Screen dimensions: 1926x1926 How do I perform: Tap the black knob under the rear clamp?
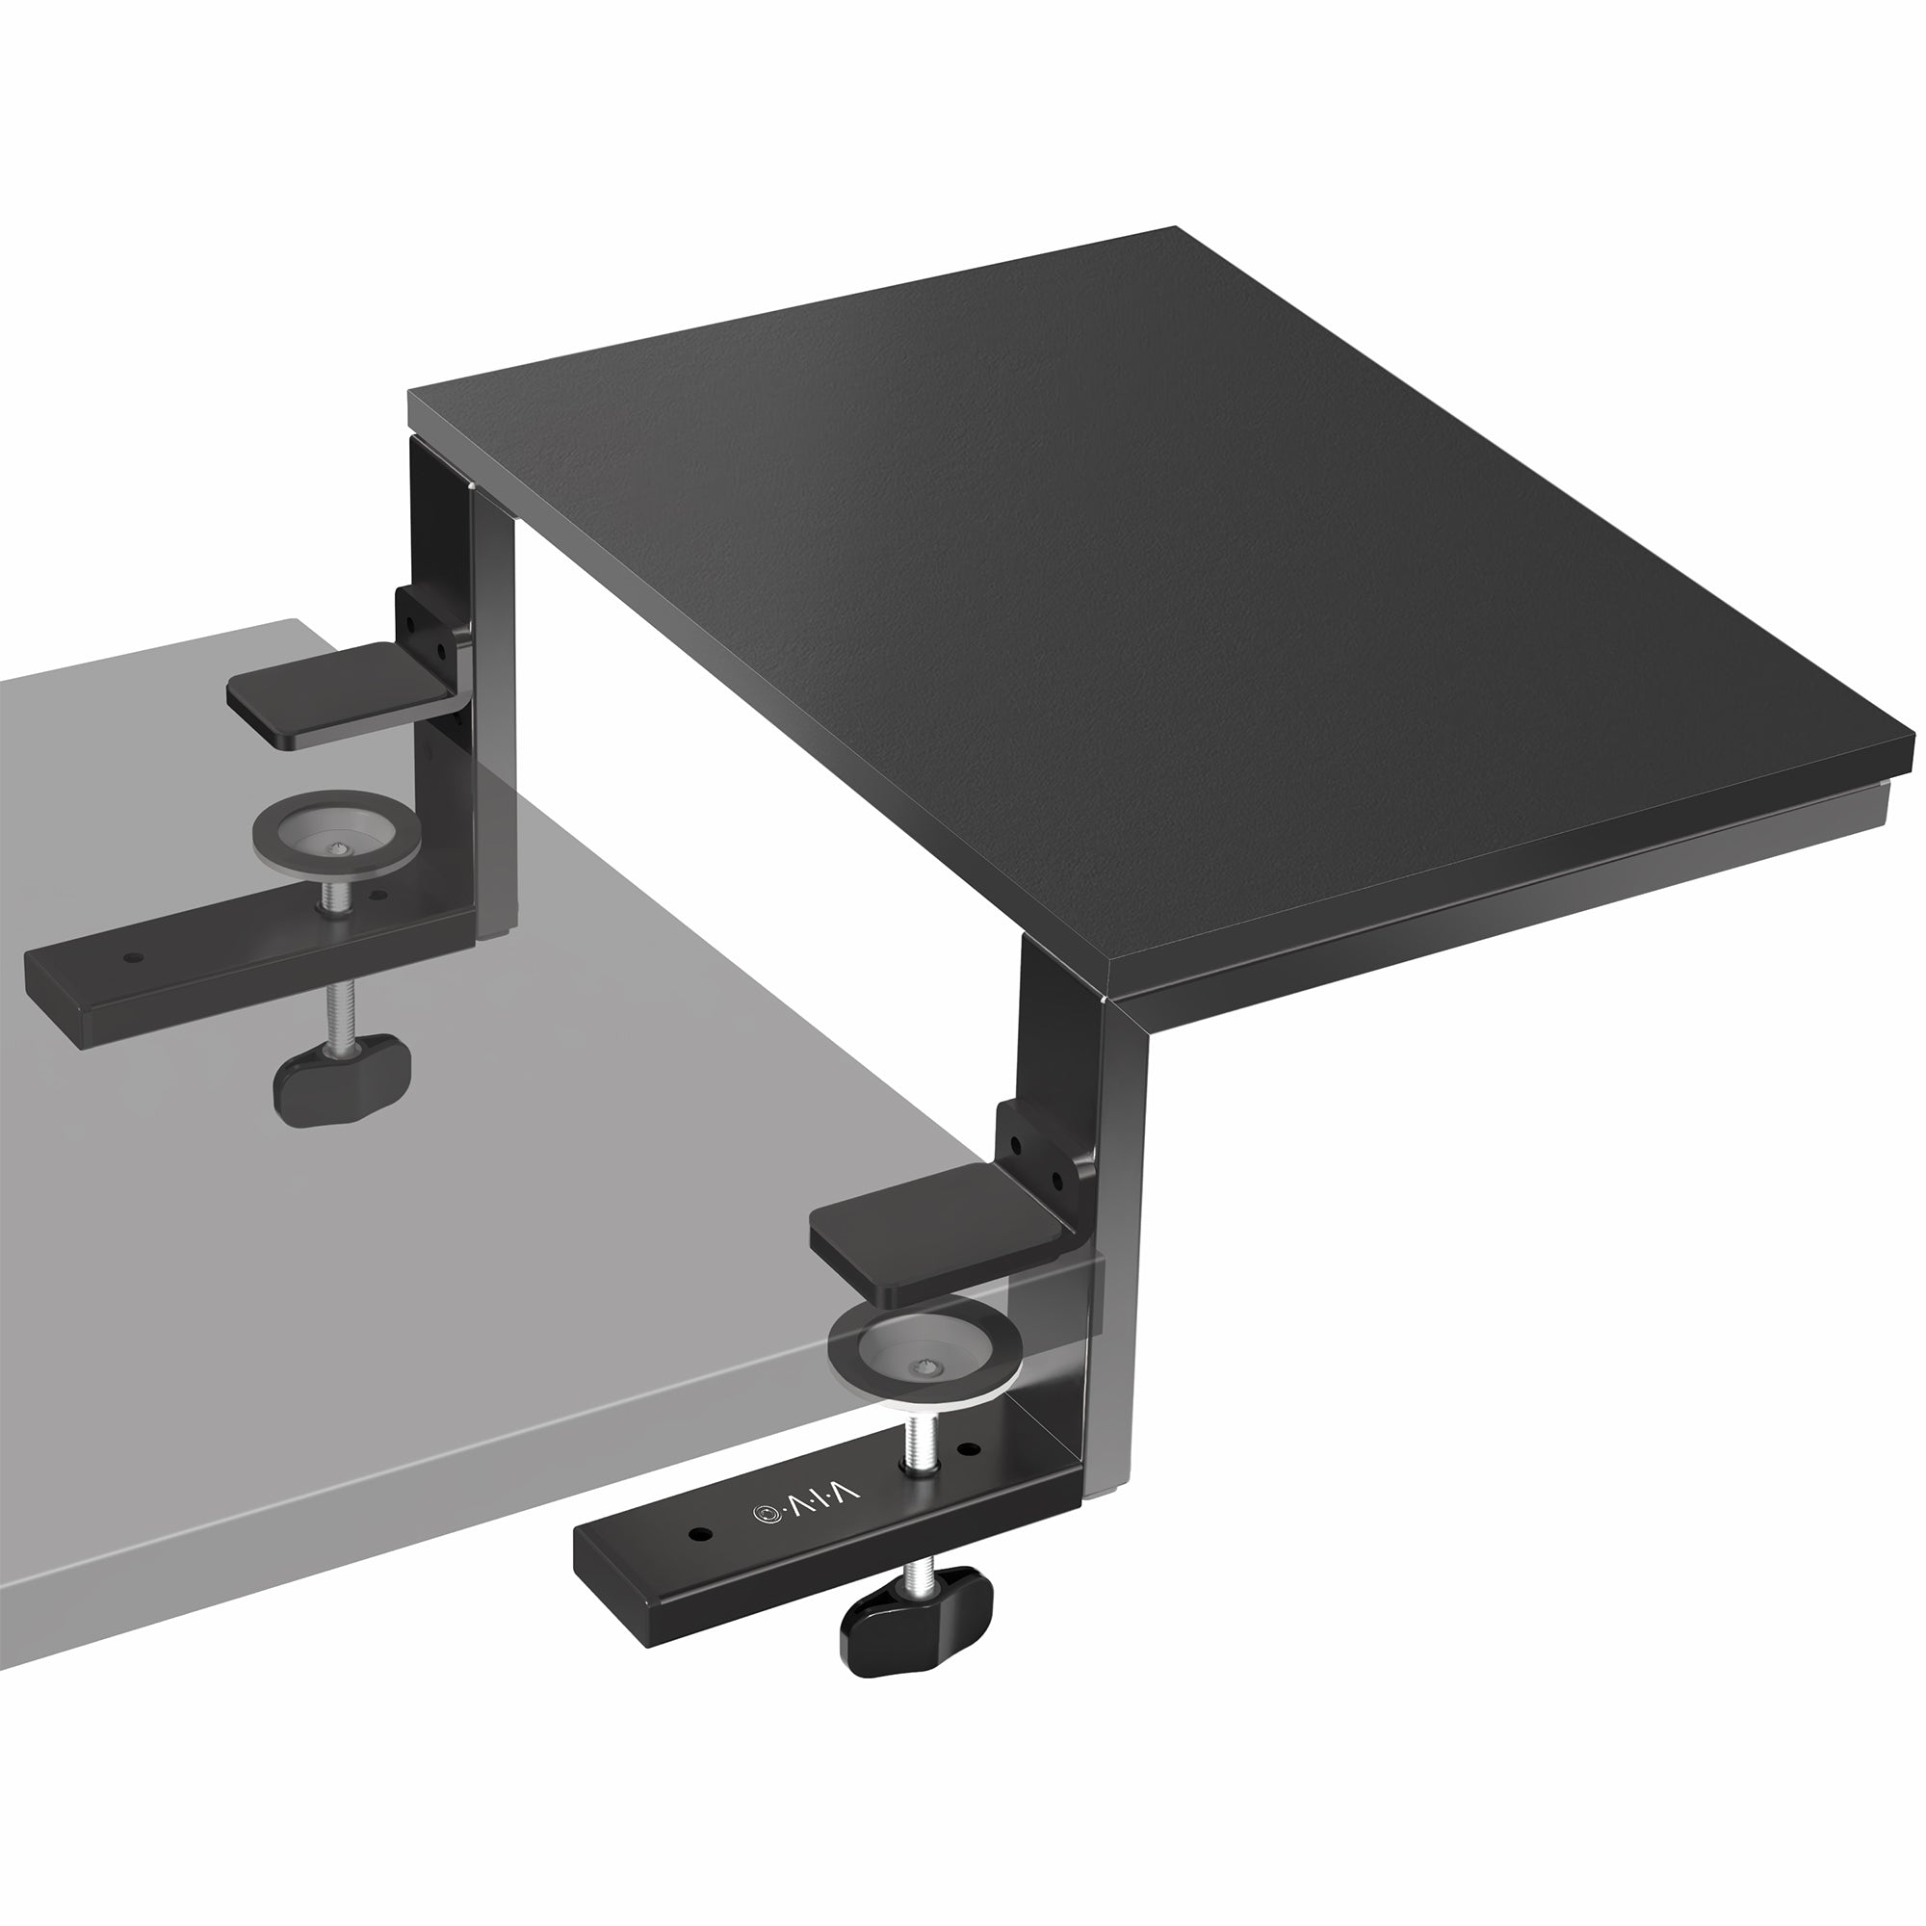(342, 1085)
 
